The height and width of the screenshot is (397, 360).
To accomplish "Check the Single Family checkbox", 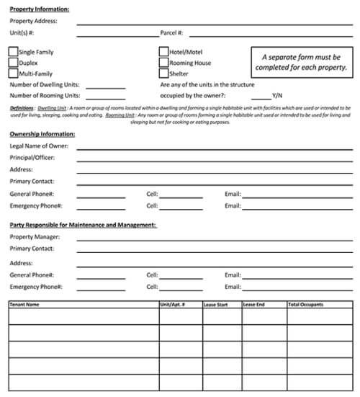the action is (14, 52).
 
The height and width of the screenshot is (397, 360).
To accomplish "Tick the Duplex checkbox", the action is (14, 63).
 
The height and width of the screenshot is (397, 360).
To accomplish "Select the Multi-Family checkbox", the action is (14, 73).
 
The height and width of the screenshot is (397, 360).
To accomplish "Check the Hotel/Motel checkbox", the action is (163, 52).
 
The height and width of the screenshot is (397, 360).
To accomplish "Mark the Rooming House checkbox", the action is (163, 63).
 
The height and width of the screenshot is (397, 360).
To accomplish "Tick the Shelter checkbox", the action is (163, 73).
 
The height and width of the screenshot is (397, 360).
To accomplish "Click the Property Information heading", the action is (40, 9).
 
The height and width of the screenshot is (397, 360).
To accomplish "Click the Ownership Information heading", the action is (42, 134).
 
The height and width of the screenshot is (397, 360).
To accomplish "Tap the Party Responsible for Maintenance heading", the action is (83, 225).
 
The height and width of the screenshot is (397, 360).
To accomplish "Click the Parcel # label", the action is (172, 33).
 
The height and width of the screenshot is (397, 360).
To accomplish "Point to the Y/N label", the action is (277, 95).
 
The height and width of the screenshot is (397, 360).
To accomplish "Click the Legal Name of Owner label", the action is (39, 146).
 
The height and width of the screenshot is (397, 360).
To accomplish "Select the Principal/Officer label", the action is (32, 158).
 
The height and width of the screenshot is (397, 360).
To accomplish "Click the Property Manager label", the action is (35, 237).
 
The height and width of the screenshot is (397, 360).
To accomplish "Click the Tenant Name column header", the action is (24, 305).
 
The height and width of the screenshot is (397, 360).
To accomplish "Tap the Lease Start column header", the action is (216, 305).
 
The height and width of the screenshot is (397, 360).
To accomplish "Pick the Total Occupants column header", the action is (306, 305).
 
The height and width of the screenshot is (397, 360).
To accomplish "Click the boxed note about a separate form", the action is (301, 62).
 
